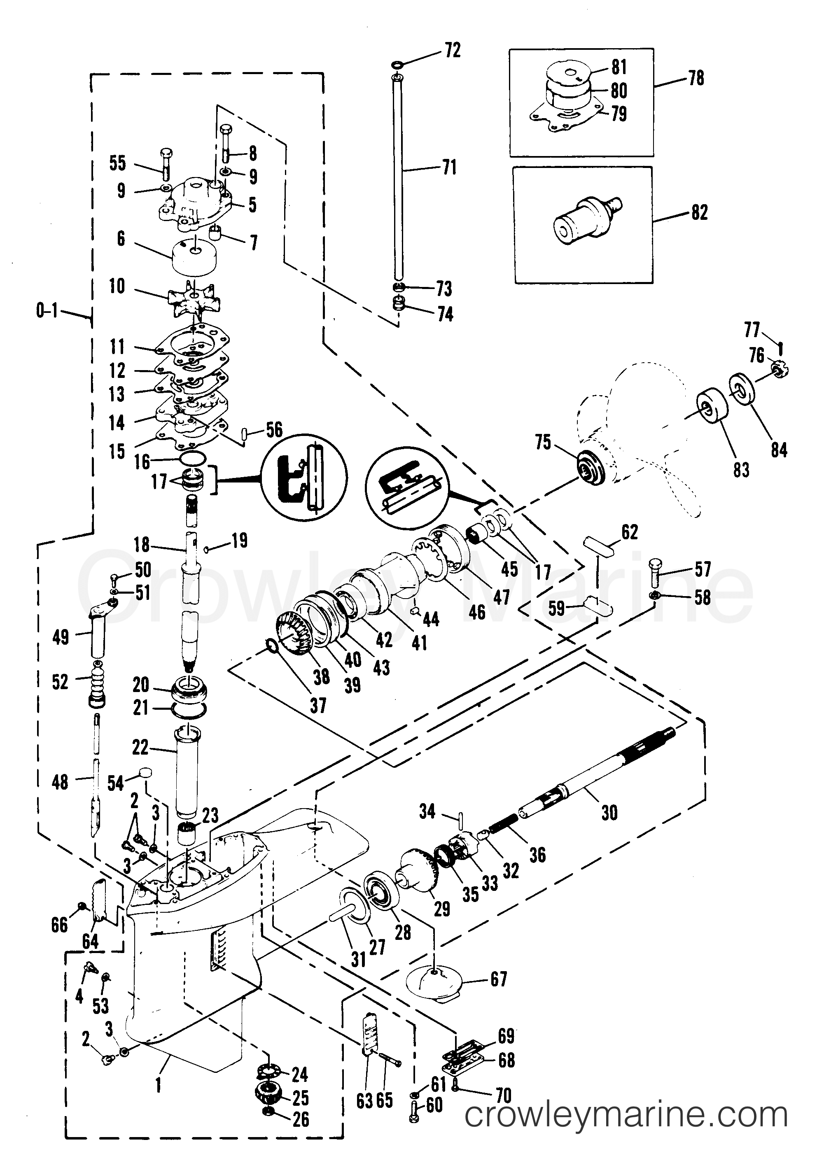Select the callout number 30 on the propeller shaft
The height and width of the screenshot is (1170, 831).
point(609,812)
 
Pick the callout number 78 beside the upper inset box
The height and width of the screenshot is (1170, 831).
point(696,78)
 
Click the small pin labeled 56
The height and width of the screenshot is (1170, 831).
point(245,436)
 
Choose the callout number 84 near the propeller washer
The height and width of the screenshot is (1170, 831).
point(779,450)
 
